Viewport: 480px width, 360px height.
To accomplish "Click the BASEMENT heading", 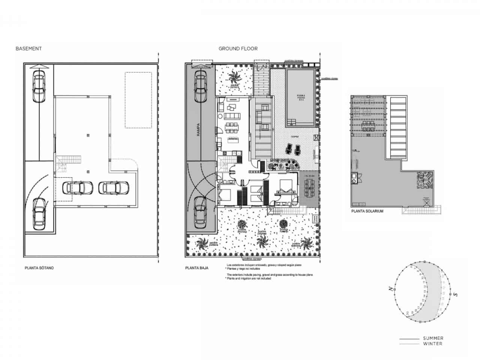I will pyautogui.click(x=28, y=49).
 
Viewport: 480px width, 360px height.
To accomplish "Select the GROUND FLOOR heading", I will pyautogui.click(x=238, y=49).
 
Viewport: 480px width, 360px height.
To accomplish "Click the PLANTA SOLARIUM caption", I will pyautogui.click(x=367, y=211).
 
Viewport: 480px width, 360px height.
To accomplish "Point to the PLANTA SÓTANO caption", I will pyautogui.click(x=39, y=268).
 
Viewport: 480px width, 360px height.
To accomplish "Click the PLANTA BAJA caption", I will pyautogui.click(x=196, y=268).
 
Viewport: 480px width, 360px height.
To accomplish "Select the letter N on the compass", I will pyautogui.click(x=391, y=289).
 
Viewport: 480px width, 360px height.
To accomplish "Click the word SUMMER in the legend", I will pyautogui.click(x=433, y=338).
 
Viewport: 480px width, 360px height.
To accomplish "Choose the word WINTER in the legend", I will pyautogui.click(x=432, y=344).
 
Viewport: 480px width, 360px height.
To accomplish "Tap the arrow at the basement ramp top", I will pyautogui.click(x=39, y=66).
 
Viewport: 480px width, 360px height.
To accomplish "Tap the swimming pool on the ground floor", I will pyautogui.click(x=300, y=97).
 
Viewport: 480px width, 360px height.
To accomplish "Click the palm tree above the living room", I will pyautogui.click(x=235, y=78).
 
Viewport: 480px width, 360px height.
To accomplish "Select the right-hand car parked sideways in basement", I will pyautogui.click(x=114, y=188).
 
